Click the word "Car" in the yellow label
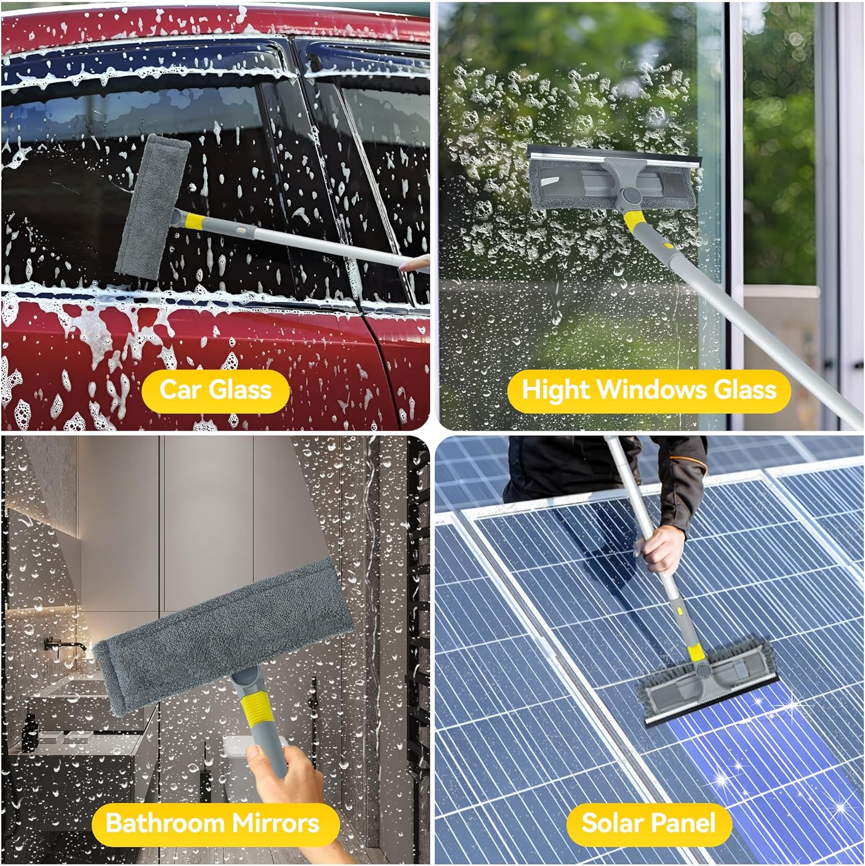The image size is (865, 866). [x=179, y=390]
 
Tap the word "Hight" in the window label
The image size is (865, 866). [x=555, y=390]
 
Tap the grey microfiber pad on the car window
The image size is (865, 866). [x=152, y=205]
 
